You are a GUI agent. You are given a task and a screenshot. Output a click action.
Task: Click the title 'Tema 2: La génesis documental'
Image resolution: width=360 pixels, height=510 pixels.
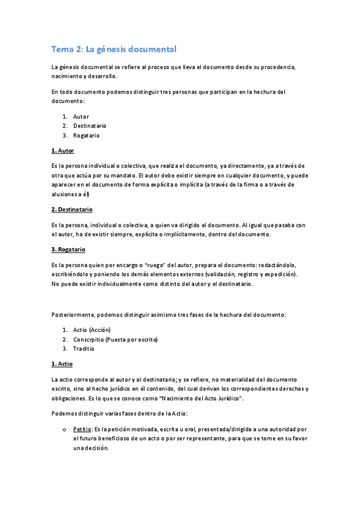[x=114, y=49]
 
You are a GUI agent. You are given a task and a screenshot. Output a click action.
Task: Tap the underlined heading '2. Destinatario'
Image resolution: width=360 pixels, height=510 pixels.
[x=71, y=209]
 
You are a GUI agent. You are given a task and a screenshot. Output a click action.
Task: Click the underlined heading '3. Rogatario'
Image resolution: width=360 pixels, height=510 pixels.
[x=68, y=249]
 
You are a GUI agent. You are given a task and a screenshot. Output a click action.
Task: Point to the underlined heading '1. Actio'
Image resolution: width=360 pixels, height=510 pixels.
[x=62, y=364]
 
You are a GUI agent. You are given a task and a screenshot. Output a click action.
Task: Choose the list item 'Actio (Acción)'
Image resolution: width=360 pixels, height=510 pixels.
[x=91, y=330]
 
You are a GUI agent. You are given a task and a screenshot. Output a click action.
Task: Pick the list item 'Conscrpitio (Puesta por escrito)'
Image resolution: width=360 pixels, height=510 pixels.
[x=115, y=339]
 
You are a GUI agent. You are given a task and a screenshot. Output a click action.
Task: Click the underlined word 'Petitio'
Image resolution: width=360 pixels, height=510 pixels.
[x=82, y=429]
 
